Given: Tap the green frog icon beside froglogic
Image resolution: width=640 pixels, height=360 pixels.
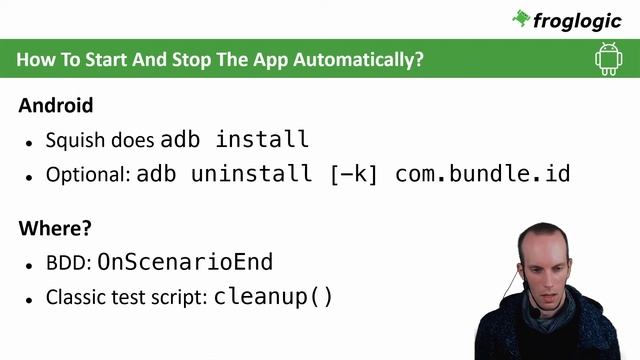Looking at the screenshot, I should pyautogui.click(x=521, y=17).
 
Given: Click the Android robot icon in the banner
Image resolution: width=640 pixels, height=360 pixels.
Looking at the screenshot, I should pyautogui.click(x=608, y=59).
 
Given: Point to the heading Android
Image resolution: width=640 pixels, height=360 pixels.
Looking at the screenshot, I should pyautogui.click(x=56, y=105).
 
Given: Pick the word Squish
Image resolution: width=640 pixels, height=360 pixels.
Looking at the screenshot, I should pyautogui.click(x=71, y=140).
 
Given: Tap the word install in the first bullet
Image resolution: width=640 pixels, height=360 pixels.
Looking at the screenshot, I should pyautogui.click(x=262, y=139).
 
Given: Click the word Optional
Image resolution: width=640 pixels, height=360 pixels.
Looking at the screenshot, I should pyautogui.click(x=87, y=174).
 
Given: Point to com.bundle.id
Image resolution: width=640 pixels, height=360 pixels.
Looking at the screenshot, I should pyautogui.click(x=482, y=173).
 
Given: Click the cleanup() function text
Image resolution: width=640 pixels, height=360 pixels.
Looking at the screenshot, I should pyautogui.click(x=273, y=297).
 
